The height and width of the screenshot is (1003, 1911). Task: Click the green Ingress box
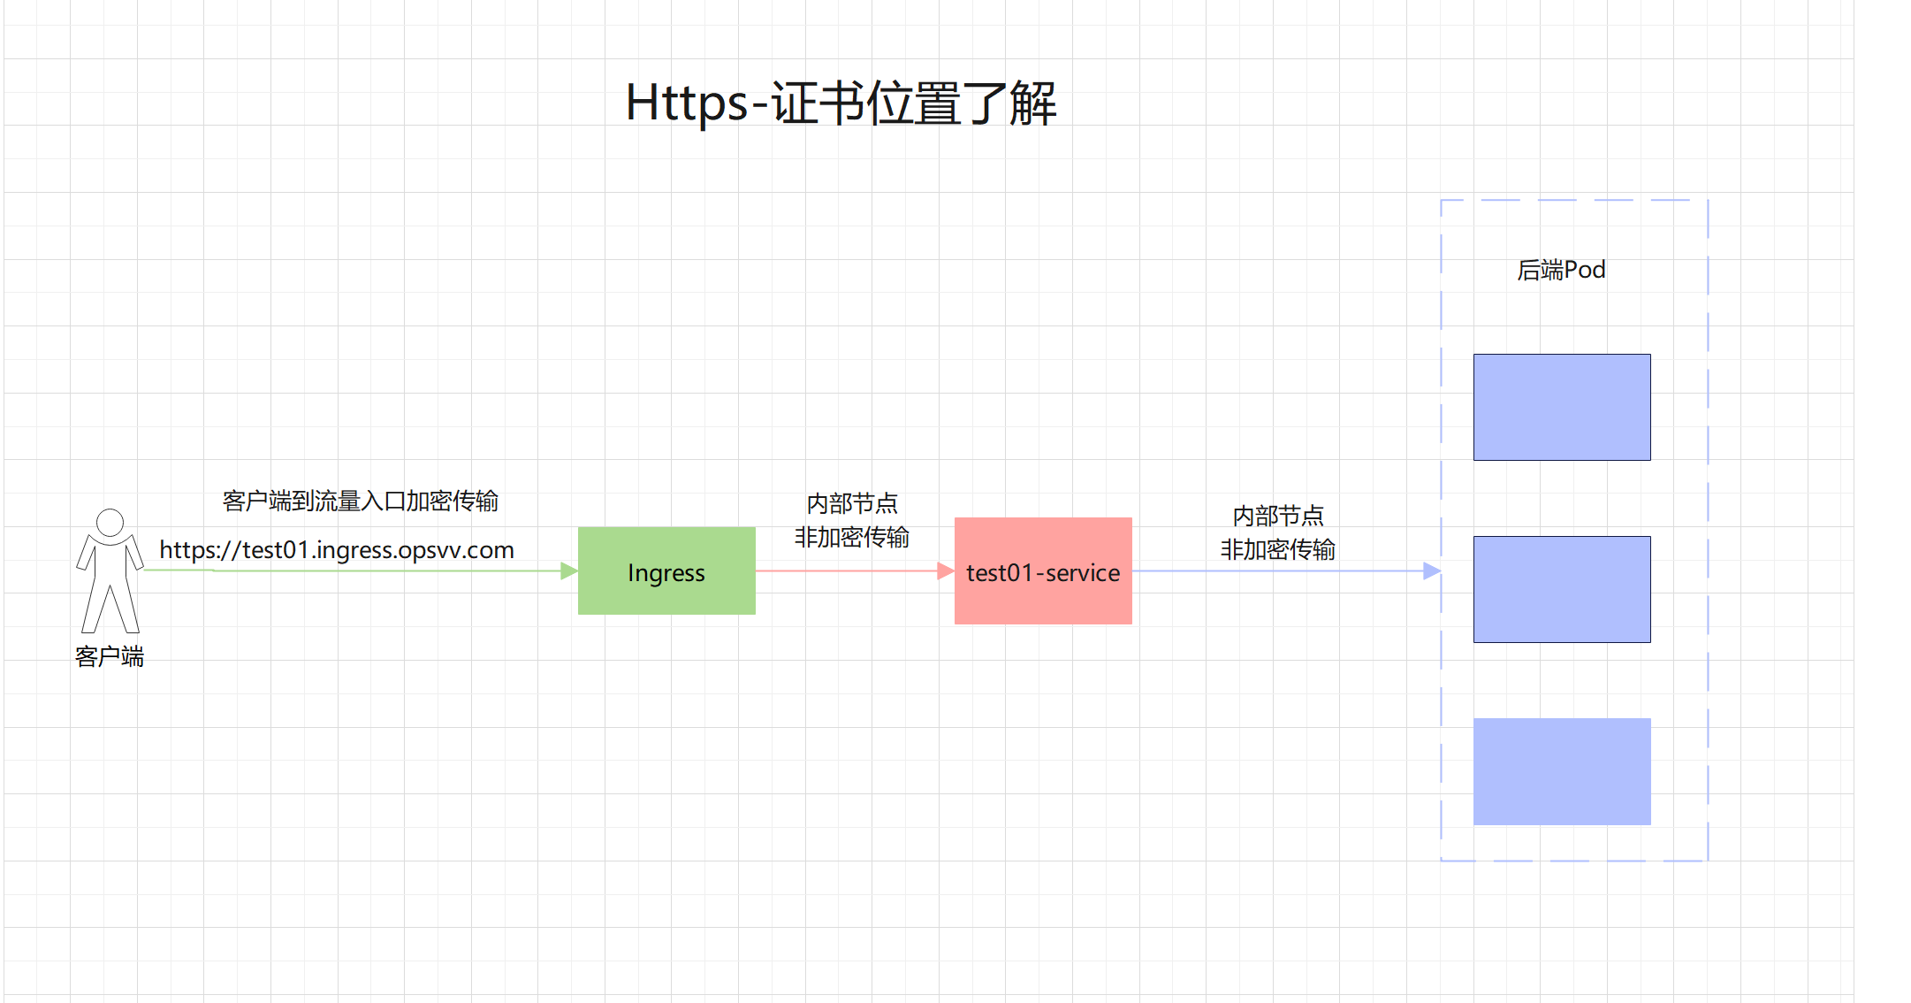(666, 571)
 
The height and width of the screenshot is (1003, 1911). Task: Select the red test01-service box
(1043, 571)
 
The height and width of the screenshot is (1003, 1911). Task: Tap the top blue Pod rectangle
(1562, 407)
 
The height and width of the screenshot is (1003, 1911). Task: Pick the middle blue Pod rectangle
(1562, 589)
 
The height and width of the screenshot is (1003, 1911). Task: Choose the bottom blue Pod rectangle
(1562, 771)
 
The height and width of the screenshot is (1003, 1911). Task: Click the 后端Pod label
(1561, 270)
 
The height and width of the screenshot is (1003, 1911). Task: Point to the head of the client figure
(110, 522)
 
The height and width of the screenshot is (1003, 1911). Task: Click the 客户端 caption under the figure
(110, 656)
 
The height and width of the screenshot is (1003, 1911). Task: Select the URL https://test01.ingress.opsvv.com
(336, 550)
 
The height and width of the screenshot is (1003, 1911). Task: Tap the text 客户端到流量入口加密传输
(361, 501)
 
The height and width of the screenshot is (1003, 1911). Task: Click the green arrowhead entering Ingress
(569, 571)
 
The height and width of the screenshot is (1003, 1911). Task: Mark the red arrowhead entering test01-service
(945, 571)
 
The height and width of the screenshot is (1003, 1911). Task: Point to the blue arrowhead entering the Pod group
(1432, 571)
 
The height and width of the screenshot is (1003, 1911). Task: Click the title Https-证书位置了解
(841, 103)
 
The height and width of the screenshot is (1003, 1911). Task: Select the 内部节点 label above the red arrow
(852, 503)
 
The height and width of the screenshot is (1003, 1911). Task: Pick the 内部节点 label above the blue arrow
(1278, 516)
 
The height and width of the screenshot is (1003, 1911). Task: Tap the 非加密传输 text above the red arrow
(852, 537)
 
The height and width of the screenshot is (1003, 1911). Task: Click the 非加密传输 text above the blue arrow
(1278, 549)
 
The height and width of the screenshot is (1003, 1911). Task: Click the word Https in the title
(687, 103)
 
